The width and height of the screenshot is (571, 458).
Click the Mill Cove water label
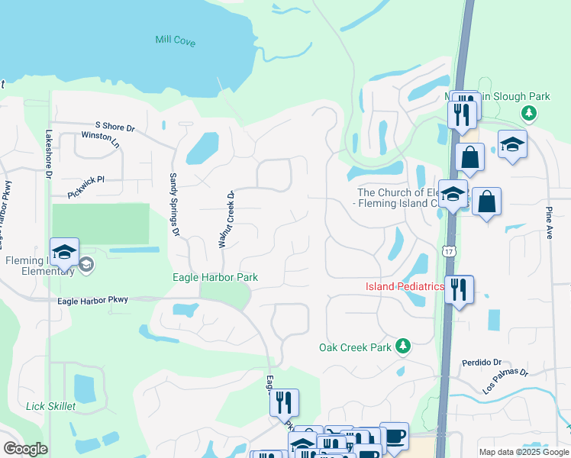click(175, 40)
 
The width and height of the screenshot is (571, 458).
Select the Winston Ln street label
click(100, 139)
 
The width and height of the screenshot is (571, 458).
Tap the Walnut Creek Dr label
click(225, 219)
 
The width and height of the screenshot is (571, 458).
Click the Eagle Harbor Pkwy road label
click(93, 301)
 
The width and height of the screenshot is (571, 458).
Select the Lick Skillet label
click(51, 406)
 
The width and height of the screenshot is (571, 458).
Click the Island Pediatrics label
click(405, 286)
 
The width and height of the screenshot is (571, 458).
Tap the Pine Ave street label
click(548, 218)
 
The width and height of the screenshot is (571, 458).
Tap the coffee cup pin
click(394, 436)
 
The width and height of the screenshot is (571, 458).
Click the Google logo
click(25, 449)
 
